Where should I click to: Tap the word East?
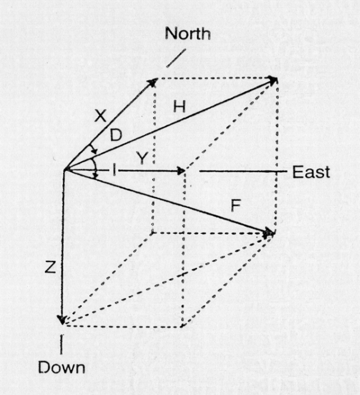pos(311,172)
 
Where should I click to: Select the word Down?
pos(62,368)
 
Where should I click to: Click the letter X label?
pos(100,116)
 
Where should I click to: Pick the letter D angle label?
pos(116,135)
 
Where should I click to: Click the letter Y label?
pos(142,158)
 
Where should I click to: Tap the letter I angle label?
pos(115,171)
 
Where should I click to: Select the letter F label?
pos(235,206)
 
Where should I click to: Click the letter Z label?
pos(50,267)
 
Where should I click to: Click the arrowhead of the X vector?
pos(153,82)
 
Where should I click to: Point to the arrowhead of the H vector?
pos(273,80)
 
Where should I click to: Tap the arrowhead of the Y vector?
pos(182,171)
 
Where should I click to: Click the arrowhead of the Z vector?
pos(62,319)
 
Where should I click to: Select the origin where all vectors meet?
pos(65,170)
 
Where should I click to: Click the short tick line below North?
pos(176,58)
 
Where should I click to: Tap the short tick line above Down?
pos(62,344)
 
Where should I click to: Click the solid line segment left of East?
pos(243,171)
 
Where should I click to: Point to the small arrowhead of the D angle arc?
pos(95,152)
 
